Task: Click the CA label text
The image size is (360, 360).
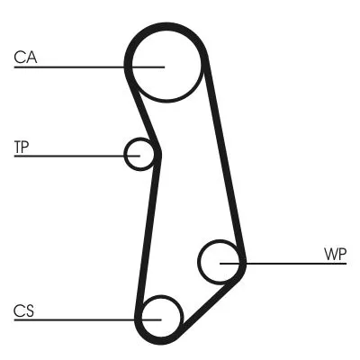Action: point(24,58)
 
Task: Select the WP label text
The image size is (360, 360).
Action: point(336,255)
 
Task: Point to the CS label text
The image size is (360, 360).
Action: point(23,310)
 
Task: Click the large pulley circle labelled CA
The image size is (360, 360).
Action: point(164,65)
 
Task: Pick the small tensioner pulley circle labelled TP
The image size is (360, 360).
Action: point(139,154)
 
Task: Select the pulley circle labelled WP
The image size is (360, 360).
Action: point(220,262)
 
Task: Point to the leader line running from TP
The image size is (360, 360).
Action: point(72,155)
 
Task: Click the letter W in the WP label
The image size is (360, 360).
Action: point(330,255)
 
